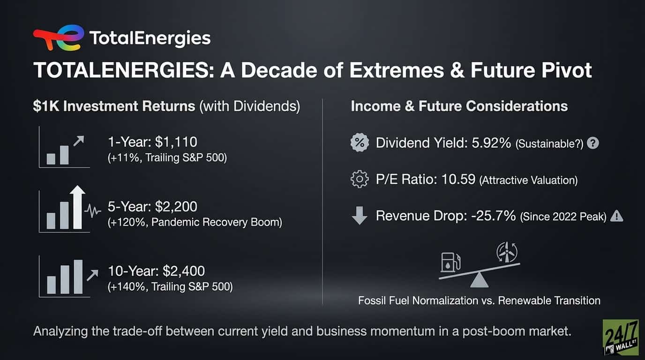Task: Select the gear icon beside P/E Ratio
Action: coord(360,180)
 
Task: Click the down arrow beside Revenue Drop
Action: coord(360,217)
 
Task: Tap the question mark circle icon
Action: coord(593,143)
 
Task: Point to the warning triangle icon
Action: coord(617,216)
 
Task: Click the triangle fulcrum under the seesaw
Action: coord(479,280)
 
